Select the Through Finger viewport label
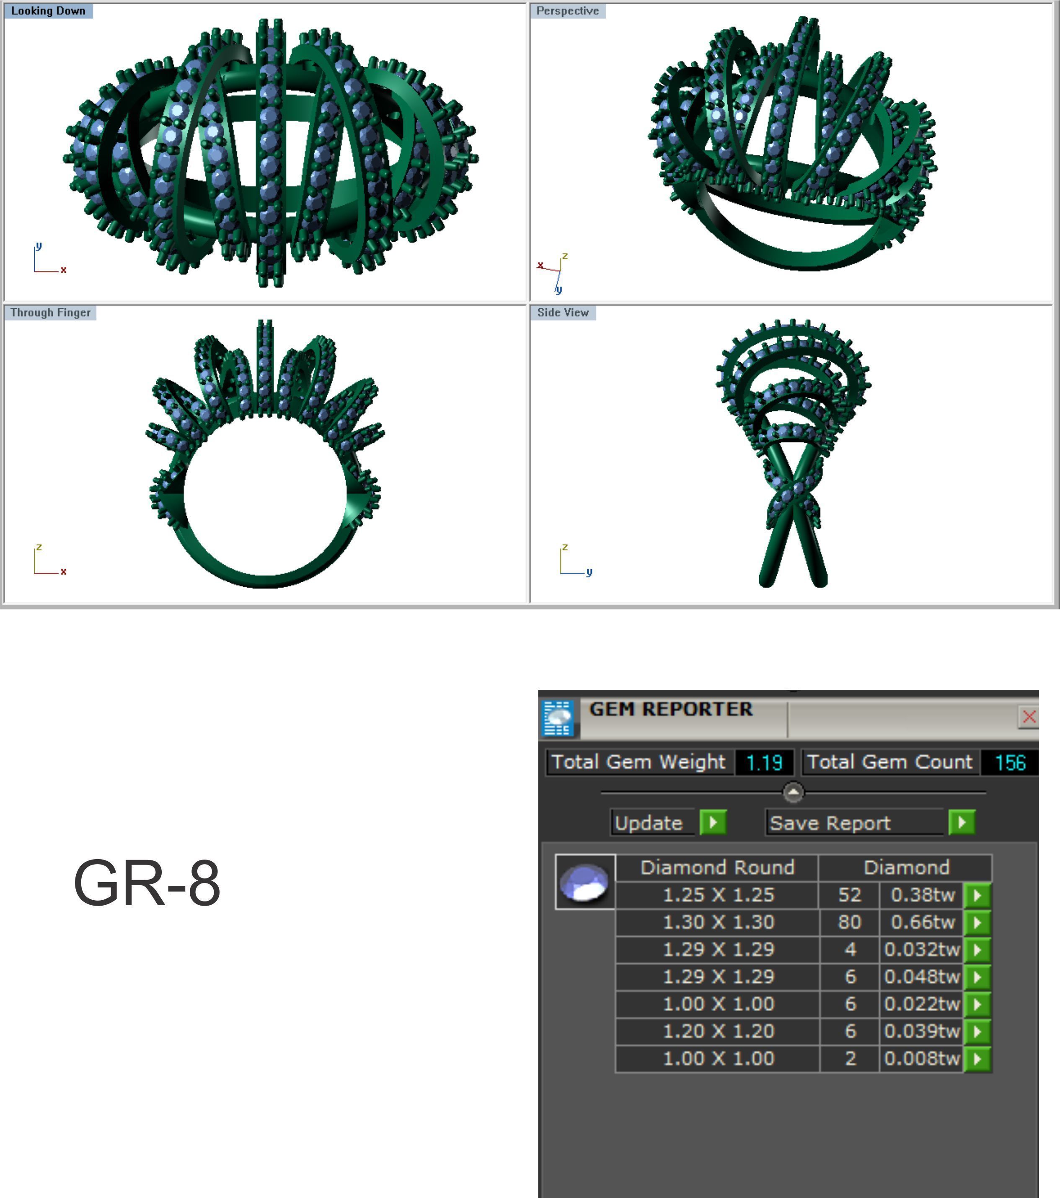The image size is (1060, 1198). click(50, 312)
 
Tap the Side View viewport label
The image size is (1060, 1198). click(562, 312)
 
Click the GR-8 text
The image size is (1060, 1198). click(147, 883)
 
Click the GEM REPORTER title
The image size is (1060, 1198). click(670, 709)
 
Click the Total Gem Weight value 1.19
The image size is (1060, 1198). click(764, 762)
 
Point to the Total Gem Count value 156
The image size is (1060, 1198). click(1010, 762)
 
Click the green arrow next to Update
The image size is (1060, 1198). click(713, 822)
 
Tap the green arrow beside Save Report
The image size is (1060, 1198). click(962, 822)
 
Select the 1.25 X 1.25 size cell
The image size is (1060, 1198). click(718, 895)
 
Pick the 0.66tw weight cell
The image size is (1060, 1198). click(922, 922)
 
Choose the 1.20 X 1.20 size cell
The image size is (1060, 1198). click(718, 1031)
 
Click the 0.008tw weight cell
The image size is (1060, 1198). click(922, 1059)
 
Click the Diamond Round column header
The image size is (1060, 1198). click(717, 868)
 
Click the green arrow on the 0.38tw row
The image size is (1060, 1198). click(977, 895)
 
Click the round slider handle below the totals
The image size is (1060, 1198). click(793, 793)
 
